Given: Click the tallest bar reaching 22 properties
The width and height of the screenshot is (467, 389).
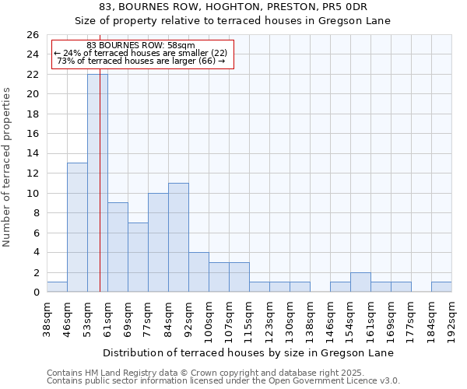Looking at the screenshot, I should coord(97,183).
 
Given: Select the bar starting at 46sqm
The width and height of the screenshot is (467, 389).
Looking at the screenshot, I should coord(77,227).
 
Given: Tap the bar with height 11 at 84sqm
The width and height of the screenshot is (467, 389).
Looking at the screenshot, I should coord(178,237).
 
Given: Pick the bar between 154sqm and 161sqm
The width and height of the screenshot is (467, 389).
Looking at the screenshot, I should coord(360,282).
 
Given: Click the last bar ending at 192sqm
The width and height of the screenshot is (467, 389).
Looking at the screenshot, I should coord(441,287).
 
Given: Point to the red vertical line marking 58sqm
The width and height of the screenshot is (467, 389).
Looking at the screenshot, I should coord(100,194).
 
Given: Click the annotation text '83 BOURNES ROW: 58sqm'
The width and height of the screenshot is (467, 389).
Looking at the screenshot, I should coord(141,46).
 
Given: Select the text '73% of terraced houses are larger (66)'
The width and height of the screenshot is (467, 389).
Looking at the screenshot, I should coord(141,61).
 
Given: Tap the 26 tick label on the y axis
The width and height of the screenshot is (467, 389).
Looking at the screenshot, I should coord(32,35).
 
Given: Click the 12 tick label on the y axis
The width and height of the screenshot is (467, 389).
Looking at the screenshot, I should coord(32,173).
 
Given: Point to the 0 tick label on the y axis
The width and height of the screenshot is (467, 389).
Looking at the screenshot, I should coord(35,293).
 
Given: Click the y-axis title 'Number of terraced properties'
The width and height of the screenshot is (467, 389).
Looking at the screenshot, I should coord(7,167).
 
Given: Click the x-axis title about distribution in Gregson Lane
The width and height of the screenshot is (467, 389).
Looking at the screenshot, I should coord(248,353).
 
